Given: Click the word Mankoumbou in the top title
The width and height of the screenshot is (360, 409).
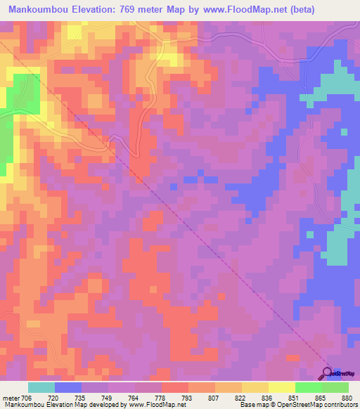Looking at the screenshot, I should (38, 10).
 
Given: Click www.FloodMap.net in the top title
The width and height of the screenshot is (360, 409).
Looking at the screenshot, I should (238, 10).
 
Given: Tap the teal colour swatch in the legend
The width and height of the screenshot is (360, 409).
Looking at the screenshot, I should (41, 387).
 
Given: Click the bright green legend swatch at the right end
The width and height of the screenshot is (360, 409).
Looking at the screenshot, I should (335, 387).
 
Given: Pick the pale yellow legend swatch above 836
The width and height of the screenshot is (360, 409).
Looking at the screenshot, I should (281, 387).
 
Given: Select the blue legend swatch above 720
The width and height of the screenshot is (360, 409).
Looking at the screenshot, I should (67, 387).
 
